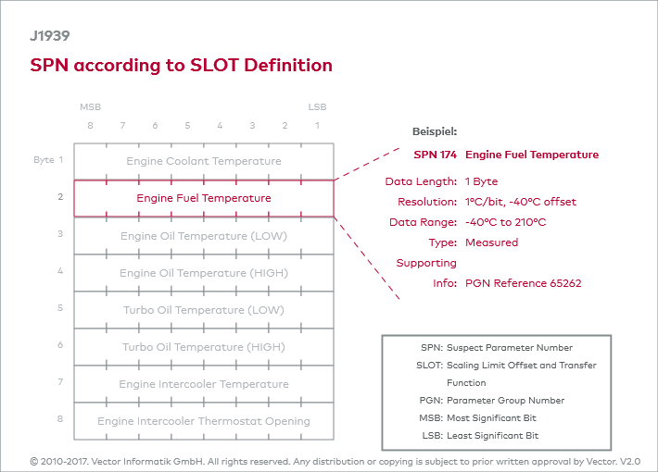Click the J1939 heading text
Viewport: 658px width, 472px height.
[49, 37]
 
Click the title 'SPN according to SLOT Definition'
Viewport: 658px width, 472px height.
[181, 65]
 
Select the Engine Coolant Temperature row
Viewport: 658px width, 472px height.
[204, 161]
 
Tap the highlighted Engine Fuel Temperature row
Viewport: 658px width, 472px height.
[204, 198]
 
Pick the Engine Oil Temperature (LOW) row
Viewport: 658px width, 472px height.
[204, 236]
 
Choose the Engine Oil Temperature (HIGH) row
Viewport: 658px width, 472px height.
[204, 273]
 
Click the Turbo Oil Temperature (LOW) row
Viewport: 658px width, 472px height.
[204, 310]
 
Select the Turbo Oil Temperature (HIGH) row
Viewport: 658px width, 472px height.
[204, 347]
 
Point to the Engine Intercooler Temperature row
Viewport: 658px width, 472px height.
[204, 384]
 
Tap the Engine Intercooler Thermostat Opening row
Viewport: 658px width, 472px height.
[204, 421]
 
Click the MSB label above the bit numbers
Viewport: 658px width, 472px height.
[90, 107]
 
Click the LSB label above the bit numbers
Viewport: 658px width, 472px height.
[317, 107]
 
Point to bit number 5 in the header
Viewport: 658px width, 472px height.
[187, 126]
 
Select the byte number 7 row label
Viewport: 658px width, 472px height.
[59, 381]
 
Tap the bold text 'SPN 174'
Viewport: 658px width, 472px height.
[435, 155]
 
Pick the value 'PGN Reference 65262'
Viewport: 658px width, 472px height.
[523, 283]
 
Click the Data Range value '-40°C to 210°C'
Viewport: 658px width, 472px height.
[505, 222]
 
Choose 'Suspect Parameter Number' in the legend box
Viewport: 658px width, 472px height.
[510, 348]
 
